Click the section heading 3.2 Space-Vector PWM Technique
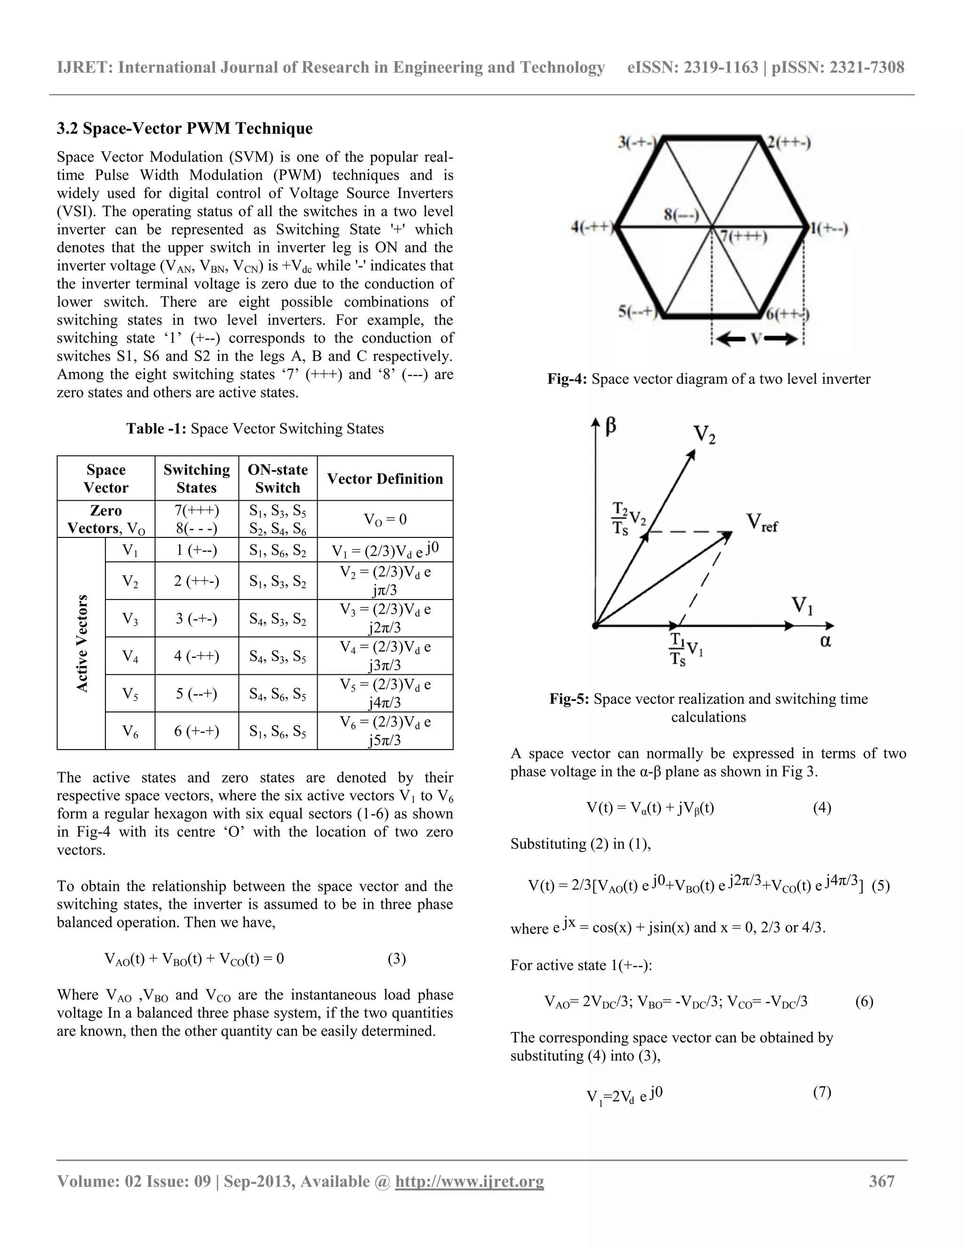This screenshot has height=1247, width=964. (185, 128)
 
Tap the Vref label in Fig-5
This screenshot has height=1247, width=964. (762, 522)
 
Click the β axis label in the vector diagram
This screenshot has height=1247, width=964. (611, 426)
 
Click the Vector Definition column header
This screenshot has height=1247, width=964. (385, 479)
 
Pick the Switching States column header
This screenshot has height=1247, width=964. (196, 479)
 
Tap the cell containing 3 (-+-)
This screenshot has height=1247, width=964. (196, 618)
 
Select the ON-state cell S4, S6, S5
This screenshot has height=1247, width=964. (278, 694)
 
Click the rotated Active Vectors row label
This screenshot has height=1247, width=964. (82, 643)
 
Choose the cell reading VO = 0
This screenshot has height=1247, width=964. (385, 519)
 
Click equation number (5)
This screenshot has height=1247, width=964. (881, 886)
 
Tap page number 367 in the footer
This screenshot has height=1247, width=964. (881, 1181)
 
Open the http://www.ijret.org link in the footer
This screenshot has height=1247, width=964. (469, 1181)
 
